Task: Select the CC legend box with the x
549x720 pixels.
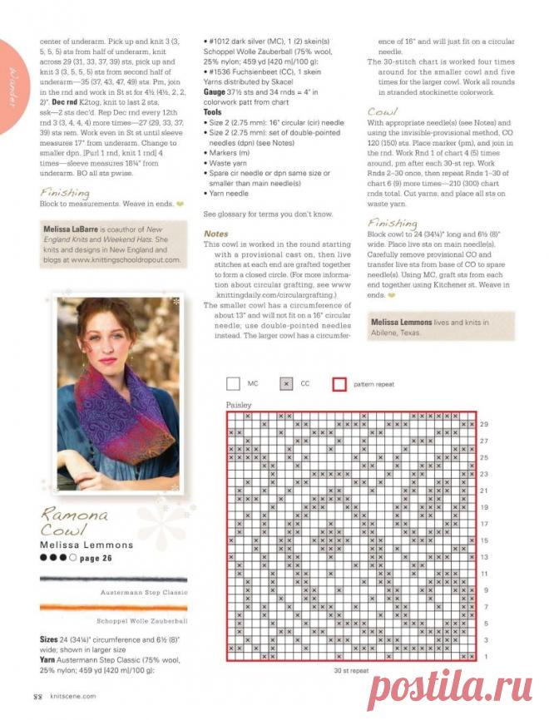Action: pos(286,384)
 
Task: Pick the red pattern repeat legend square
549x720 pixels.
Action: pos(339,384)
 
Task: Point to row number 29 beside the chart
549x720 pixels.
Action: pos(484,424)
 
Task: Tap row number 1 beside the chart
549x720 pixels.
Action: pos(484,656)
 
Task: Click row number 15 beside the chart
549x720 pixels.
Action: pos(484,540)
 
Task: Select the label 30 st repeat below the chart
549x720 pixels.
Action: pos(350,671)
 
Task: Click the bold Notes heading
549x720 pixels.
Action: pos(215,234)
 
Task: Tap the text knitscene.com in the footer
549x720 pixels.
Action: pos(72,697)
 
